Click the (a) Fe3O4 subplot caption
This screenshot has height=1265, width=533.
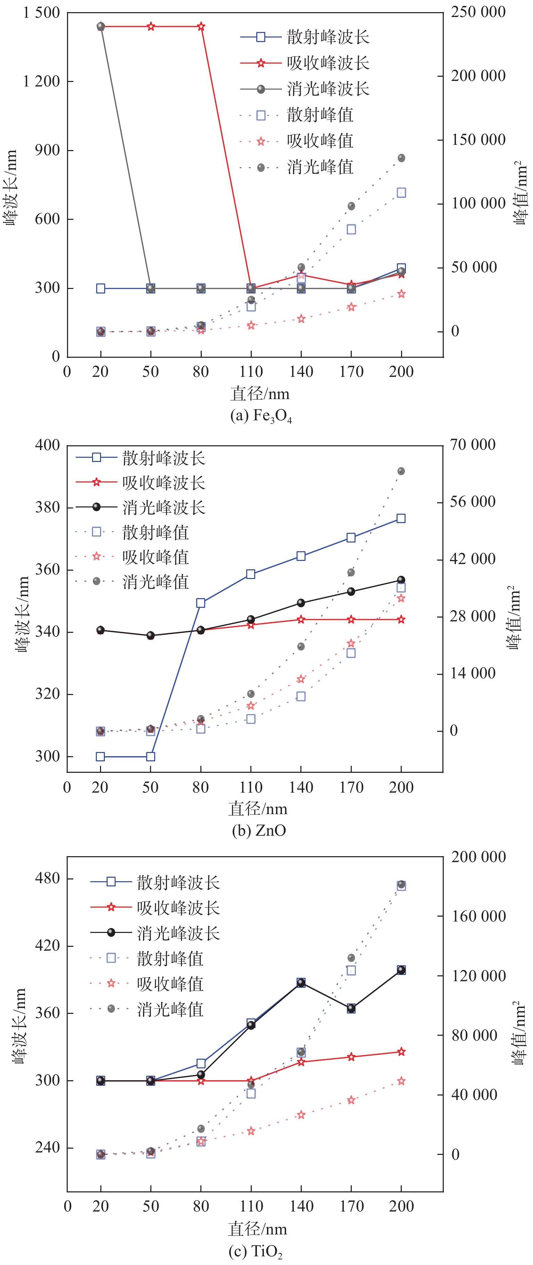pos(261,416)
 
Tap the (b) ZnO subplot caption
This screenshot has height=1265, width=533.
pos(259,830)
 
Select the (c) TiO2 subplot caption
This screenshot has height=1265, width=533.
pos(255,1251)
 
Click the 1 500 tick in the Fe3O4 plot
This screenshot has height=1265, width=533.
pos(41,13)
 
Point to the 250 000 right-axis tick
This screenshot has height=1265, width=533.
pos(478,12)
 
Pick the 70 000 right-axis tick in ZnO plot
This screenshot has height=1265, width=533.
pos(472,445)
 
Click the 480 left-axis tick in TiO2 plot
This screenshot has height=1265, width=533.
pos(47,877)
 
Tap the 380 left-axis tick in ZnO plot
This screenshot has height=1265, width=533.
pos(47,507)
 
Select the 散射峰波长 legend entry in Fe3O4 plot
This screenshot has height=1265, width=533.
pos(304,37)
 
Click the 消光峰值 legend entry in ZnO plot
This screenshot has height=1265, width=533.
pos(133,582)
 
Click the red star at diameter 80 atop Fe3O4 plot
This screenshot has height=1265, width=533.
pos(201,26)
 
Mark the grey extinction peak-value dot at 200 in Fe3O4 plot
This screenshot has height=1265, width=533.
pos(401,158)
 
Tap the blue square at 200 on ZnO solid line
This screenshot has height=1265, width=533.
pos(401,519)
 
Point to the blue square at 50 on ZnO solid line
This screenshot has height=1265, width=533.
pos(151,757)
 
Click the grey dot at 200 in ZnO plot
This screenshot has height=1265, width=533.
pos(401,471)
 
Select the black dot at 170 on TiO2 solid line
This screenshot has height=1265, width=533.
pos(351,1008)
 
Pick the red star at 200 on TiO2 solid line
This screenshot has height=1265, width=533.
pos(401,1051)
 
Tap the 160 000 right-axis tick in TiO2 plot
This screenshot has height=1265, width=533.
pos(478,916)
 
